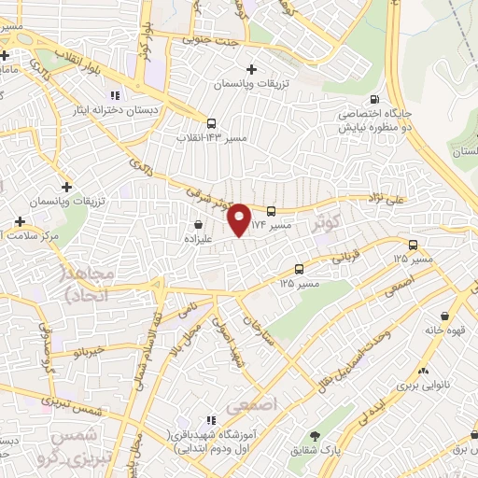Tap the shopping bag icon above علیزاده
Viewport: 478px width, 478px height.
point(198,225)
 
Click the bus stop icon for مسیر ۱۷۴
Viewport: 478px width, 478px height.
point(271,211)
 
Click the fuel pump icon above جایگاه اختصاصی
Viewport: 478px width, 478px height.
point(374,100)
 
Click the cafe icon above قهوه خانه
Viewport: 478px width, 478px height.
point(444,317)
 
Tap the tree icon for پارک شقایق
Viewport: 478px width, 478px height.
point(316,435)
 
